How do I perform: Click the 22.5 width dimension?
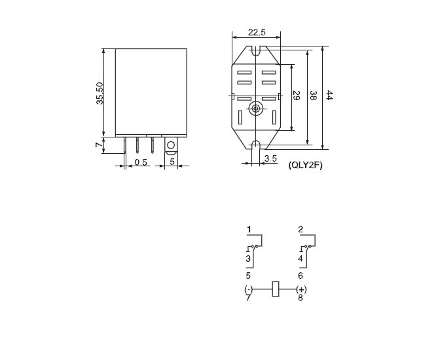[257, 32]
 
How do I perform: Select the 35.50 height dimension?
[100, 94]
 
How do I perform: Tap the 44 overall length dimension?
[329, 95]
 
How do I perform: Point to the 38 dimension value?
[314, 95]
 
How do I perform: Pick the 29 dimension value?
[297, 96]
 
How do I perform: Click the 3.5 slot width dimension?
[270, 158]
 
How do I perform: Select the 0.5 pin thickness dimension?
[141, 162]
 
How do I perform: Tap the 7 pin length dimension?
[99, 145]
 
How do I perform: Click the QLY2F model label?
[305, 166]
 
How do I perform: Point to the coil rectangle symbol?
[276, 289]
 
